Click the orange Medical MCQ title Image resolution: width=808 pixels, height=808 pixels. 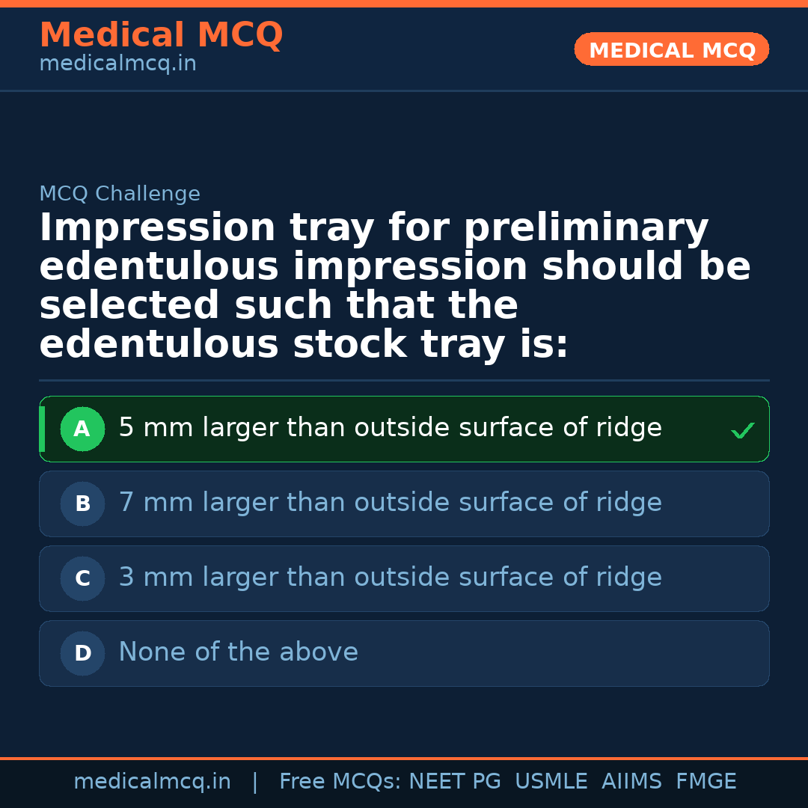(161, 35)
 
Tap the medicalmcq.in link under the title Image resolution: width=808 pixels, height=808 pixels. (117, 64)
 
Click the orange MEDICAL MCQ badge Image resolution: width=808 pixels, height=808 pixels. (671, 50)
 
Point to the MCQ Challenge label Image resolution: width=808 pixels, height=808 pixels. (120, 195)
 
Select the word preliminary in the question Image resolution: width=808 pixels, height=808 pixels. (586, 228)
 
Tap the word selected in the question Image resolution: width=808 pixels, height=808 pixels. (129, 306)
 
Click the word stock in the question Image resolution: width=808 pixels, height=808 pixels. (349, 345)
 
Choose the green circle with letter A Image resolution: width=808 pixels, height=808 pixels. (82, 429)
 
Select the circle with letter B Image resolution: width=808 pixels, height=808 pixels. (82, 504)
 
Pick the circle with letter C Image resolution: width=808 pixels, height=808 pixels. (82, 579)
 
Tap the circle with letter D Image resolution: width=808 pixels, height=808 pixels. (82, 654)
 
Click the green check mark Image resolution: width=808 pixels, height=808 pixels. (742, 431)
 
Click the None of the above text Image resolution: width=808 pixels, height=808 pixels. (238, 652)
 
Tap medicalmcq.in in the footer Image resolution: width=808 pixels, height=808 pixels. (152, 782)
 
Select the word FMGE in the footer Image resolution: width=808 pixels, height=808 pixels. (706, 782)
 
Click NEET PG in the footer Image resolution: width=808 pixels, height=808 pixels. (455, 782)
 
